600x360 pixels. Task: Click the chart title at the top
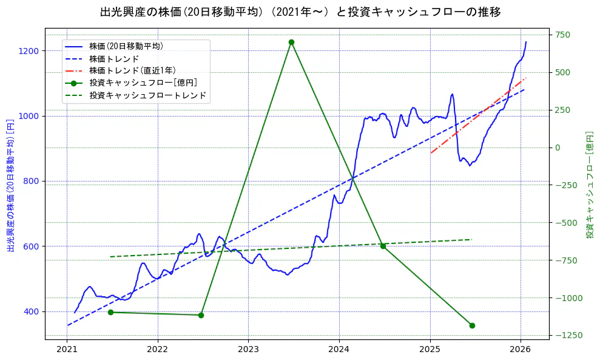click(300, 12)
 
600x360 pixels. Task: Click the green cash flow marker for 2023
click(291, 42)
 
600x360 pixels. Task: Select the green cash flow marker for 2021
click(110, 312)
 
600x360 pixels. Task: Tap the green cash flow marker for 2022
click(201, 315)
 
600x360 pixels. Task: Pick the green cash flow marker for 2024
click(383, 246)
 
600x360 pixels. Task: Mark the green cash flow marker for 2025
click(472, 325)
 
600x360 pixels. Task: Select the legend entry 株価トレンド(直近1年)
click(132, 70)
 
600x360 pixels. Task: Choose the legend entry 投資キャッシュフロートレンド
click(147, 95)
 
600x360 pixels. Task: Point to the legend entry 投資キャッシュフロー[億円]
click(143, 83)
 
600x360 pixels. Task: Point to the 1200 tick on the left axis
click(30, 51)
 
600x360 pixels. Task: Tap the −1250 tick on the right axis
click(567, 335)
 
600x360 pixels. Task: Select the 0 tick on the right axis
click(557, 148)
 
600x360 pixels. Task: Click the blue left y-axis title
click(10, 185)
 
